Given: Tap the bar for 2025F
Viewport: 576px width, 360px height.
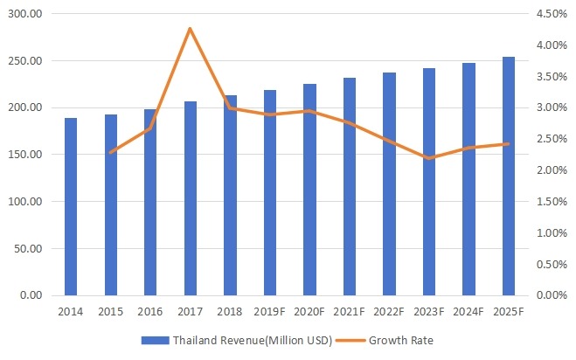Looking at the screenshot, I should tap(508, 176).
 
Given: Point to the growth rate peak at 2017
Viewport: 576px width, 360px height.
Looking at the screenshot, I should tap(190, 29).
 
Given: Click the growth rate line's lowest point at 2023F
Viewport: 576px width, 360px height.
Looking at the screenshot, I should tap(428, 158).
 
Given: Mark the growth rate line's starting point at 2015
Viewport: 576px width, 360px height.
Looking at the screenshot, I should tap(110, 153).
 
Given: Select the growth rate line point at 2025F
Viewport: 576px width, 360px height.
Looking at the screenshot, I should tap(508, 144).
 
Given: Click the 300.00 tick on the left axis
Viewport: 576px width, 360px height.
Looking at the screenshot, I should tap(27, 14).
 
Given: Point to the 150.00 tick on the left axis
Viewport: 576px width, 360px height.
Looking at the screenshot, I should tap(27, 155).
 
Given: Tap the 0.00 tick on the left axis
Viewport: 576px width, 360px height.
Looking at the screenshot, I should tap(32, 295).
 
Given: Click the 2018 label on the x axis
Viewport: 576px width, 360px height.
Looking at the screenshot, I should tap(230, 311).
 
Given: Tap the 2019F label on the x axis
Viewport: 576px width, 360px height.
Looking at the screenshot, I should tap(269, 311).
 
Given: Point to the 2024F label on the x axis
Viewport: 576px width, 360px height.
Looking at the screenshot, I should tap(468, 311).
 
